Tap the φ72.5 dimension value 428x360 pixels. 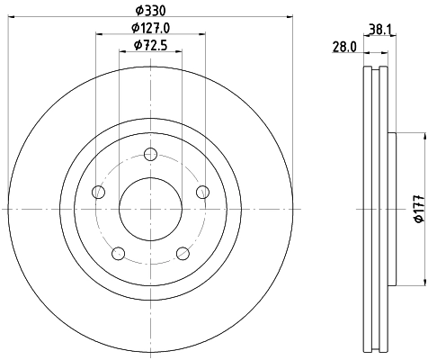[x=150, y=45]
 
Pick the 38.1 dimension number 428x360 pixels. [x=379, y=28]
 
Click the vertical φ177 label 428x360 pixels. [x=418, y=209]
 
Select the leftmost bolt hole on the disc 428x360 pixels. [x=99, y=192]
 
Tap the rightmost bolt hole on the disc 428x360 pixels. [x=202, y=192]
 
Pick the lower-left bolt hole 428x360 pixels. [x=119, y=253]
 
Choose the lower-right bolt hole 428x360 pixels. [x=183, y=253]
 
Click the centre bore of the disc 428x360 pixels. [x=150, y=208]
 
